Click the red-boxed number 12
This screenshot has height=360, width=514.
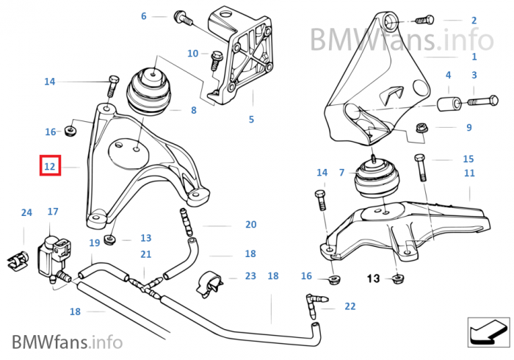pos(50,167)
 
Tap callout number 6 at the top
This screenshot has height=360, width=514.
pos(144,15)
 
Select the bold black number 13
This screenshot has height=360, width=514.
pos(373,278)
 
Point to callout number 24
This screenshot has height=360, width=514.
pos(26,213)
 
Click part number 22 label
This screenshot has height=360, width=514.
pos(350,306)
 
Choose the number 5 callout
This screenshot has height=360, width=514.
pos(251,119)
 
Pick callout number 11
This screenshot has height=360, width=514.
pos(469,173)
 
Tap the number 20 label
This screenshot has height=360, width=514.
pos(250,225)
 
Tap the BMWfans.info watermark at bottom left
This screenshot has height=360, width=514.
pos(66,341)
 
